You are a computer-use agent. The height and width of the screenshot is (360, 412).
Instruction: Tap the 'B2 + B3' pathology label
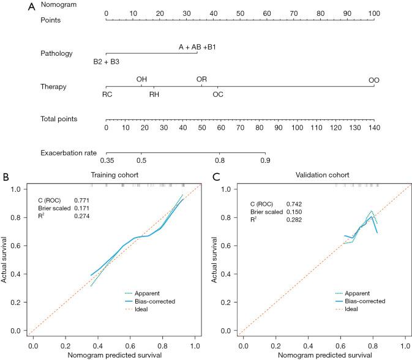[106, 62]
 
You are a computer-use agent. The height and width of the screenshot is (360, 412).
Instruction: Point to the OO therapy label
[373, 80]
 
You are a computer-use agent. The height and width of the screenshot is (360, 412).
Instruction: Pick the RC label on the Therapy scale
[107, 94]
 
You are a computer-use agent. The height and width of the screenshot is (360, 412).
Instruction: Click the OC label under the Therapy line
[218, 94]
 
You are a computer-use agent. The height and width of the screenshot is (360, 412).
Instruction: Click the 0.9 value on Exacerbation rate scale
[264, 160]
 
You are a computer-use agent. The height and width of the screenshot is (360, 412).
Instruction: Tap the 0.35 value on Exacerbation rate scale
[107, 160]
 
